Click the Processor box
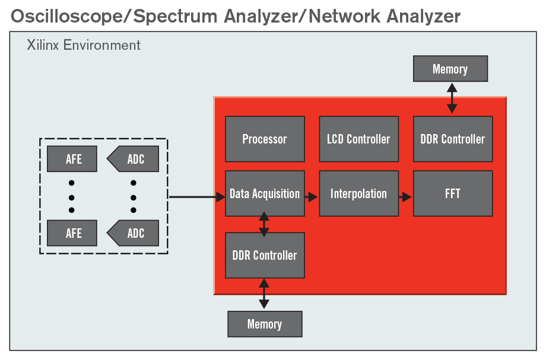click(265, 139)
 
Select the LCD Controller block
click(359, 139)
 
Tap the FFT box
click(453, 193)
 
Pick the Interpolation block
click(359, 193)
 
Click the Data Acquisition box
click(265, 193)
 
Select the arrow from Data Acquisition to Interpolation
click(312, 197)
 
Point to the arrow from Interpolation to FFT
click(405, 197)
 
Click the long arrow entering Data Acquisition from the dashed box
click(197, 197)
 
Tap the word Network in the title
click(345, 17)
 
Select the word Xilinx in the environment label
click(43, 45)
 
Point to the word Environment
click(101, 45)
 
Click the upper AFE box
click(72, 159)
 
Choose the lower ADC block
click(133, 233)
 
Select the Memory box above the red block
click(450, 69)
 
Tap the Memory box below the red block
click(265, 324)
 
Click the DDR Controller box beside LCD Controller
click(453, 139)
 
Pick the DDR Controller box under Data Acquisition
click(265, 255)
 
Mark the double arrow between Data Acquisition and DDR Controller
click(264, 224)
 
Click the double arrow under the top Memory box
click(452, 98)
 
